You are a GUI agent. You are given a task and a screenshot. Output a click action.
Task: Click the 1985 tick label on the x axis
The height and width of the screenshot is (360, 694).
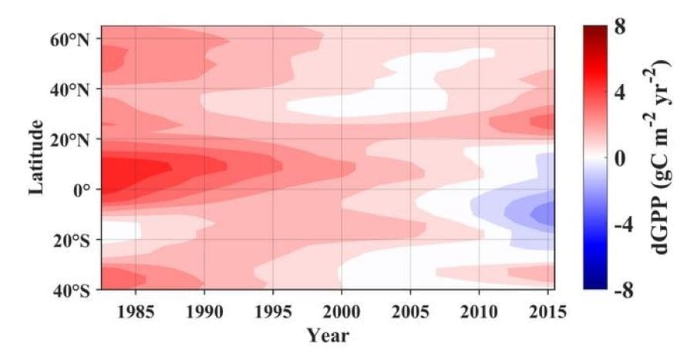[x=136, y=312]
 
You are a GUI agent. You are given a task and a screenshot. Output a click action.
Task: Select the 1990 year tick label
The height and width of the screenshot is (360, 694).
[x=204, y=312]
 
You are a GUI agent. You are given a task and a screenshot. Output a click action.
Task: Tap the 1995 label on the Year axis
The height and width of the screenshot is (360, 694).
[x=273, y=312]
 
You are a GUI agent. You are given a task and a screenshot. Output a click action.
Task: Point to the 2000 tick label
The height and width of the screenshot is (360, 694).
[x=342, y=312]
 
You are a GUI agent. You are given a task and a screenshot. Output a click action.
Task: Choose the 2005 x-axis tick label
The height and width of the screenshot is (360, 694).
[x=410, y=312]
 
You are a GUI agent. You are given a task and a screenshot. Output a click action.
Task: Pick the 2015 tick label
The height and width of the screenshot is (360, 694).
[x=546, y=312]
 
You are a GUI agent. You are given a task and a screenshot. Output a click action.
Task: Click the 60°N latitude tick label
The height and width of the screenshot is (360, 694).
[x=70, y=39]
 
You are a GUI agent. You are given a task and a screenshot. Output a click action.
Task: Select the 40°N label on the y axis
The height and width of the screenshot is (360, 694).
[x=70, y=89]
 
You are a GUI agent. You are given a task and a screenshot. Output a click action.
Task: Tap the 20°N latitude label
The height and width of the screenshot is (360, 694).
[x=70, y=140]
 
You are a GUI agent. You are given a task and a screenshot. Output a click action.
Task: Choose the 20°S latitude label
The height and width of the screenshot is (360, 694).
[x=71, y=240]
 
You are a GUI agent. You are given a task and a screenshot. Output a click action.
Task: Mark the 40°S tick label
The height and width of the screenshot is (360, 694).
[x=71, y=290]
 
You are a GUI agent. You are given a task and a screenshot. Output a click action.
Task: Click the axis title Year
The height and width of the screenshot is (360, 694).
[x=328, y=336]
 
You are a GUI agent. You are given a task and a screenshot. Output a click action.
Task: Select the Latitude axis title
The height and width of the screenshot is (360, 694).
[x=37, y=156]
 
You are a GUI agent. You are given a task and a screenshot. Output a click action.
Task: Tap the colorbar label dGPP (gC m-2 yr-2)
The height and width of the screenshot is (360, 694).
[x=664, y=156]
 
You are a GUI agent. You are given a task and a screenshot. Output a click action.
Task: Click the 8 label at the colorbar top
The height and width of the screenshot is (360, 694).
[x=619, y=28]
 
